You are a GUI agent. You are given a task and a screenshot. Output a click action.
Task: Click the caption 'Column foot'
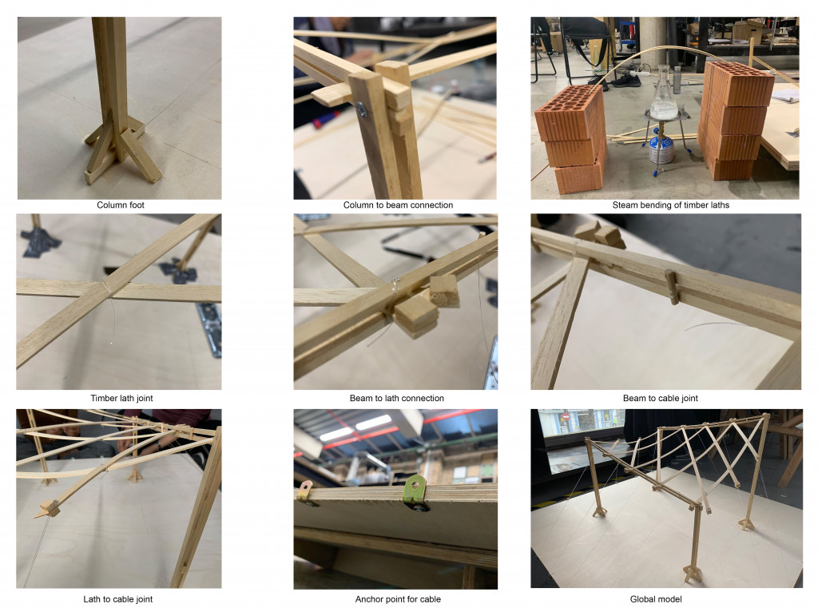point(120,205)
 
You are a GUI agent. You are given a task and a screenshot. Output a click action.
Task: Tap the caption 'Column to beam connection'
point(397,205)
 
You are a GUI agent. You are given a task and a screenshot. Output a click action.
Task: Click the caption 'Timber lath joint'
point(120,398)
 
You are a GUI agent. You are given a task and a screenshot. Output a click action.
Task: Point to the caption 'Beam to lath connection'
point(397,398)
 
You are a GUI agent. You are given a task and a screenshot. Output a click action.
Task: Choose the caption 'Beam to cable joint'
point(665,398)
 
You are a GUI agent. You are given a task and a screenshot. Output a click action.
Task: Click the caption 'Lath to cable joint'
point(118,598)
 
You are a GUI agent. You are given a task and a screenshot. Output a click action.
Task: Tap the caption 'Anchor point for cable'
point(397,598)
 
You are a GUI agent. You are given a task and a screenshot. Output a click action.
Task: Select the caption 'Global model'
point(665,598)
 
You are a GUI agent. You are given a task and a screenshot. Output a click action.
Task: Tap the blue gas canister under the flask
point(661,148)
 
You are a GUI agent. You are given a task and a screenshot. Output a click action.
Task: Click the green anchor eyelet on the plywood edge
point(415,488)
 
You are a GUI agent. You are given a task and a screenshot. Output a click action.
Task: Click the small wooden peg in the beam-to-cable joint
point(673,287)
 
